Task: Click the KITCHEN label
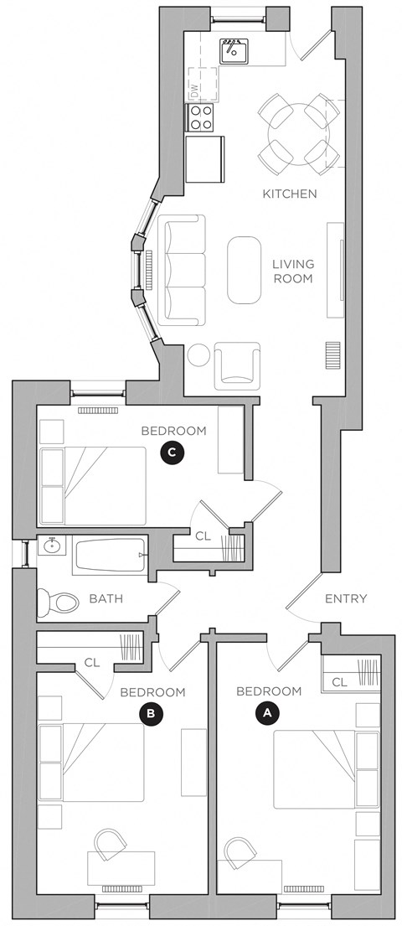click(290, 194)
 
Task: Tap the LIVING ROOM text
click(292, 271)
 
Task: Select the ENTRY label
click(346, 598)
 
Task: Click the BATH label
click(106, 598)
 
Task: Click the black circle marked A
click(266, 713)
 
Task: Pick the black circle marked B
click(150, 714)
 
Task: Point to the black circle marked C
click(171, 453)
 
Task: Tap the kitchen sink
click(235, 52)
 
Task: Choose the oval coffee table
click(244, 270)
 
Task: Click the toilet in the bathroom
click(57, 601)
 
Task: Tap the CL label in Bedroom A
click(339, 683)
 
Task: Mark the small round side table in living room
click(199, 355)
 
